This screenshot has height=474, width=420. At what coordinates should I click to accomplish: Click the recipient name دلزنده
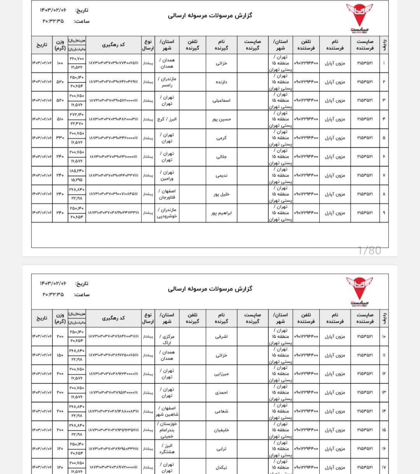(221, 82)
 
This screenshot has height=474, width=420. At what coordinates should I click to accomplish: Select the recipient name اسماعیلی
(221, 100)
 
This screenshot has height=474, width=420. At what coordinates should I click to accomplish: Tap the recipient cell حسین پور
(221, 119)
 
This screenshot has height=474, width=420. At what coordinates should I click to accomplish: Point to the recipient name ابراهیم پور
(221, 213)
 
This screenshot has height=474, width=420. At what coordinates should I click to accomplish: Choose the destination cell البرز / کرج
(167, 119)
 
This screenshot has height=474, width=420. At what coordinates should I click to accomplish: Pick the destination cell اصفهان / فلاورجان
(167, 194)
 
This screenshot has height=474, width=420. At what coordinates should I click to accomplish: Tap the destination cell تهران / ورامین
(167, 176)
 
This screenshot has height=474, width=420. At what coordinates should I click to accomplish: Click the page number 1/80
(369, 250)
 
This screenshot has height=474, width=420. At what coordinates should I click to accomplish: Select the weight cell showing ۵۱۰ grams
(60, 119)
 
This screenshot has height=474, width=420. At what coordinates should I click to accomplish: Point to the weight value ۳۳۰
(60, 138)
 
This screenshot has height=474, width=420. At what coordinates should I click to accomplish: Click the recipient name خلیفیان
(221, 430)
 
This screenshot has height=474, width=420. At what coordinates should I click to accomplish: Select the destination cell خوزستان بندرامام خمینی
(167, 430)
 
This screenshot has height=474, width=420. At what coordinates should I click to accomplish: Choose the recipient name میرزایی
(221, 374)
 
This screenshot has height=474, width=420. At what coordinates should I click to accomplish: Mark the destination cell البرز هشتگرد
(167, 449)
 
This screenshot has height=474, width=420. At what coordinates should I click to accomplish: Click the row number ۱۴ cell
(383, 411)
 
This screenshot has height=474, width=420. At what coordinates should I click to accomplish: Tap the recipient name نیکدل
(221, 467)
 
